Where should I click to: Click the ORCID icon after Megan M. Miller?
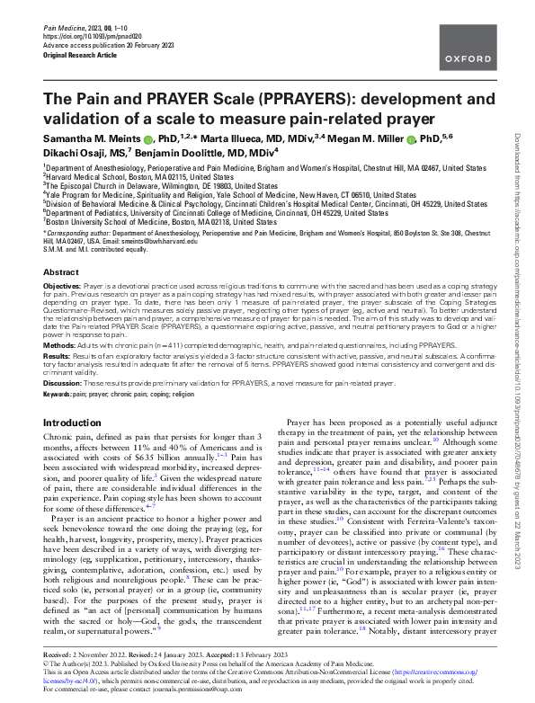[410, 140]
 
